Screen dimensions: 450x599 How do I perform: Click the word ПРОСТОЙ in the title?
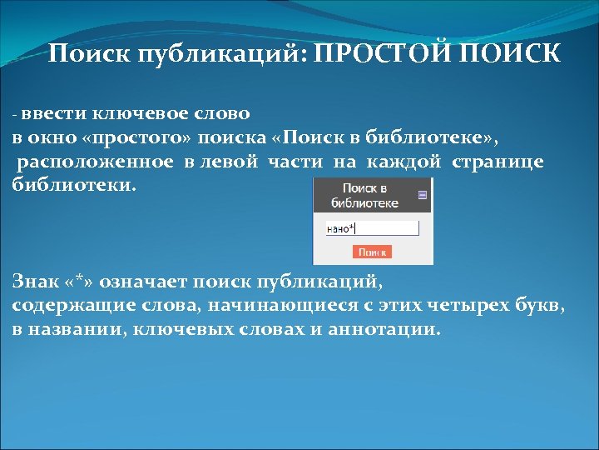pyautogui.click(x=379, y=55)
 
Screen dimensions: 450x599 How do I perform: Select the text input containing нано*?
pyautogui.click(x=371, y=227)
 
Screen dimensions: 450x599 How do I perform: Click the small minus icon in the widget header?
pyautogui.click(x=422, y=195)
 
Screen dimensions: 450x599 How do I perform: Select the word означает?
pyautogui.click(x=147, y=282)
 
